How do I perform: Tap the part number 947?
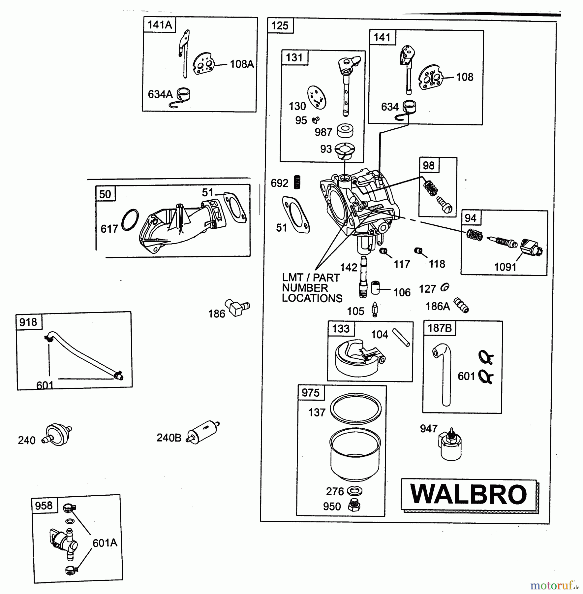click(428, 428)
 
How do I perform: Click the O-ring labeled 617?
click(130, 220)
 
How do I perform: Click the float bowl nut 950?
click(354, 506)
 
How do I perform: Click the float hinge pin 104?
click(401, 337)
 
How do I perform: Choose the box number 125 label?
click(280, 25)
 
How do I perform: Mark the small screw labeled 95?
click(315, 120)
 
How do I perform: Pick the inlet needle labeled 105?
click(375, 310)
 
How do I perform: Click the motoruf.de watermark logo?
click(554, 586)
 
